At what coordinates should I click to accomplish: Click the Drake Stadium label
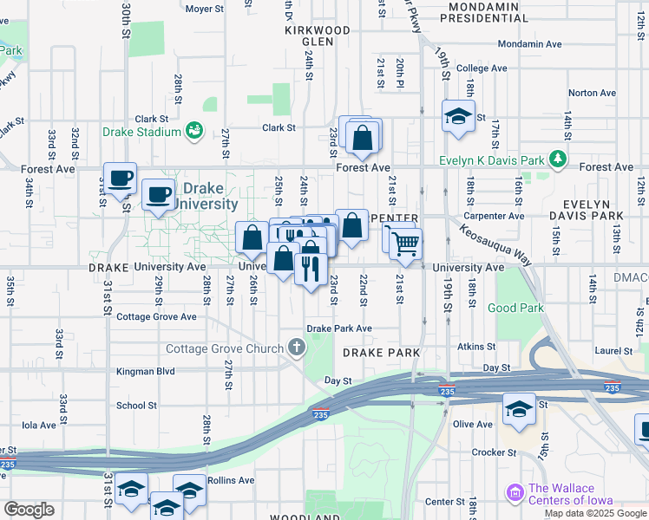[x=141, y=132]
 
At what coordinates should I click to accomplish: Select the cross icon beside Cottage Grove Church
[x=297, y=348]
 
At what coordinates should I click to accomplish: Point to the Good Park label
[x=515, y=308]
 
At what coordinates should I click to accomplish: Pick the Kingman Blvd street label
[x=146, y=371]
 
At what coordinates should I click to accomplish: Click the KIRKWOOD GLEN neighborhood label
[x=318, y=36]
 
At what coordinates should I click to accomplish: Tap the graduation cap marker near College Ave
[x=458, y=116]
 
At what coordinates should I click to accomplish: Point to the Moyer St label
[x=205, y=9]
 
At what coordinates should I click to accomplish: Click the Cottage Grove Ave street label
[x=156, y=317]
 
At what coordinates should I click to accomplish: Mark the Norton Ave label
[x=592, y=93]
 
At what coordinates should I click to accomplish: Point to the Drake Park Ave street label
[x=339, y=328]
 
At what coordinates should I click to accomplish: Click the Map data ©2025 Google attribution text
[x=595, y=513]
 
